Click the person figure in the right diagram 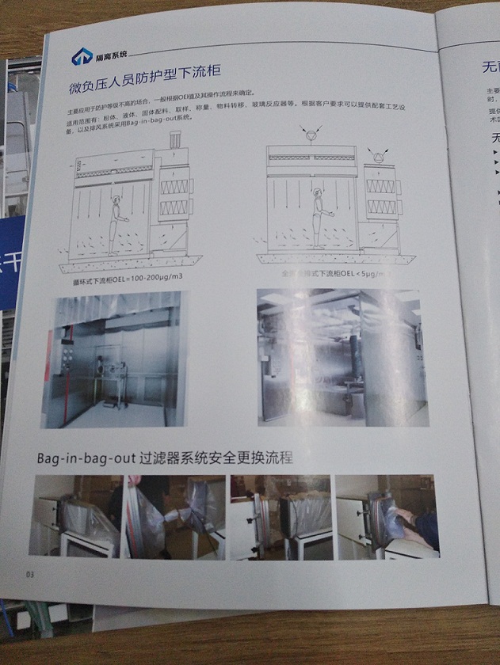(x=315, y=211)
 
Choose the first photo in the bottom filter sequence (x=76, y=515)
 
